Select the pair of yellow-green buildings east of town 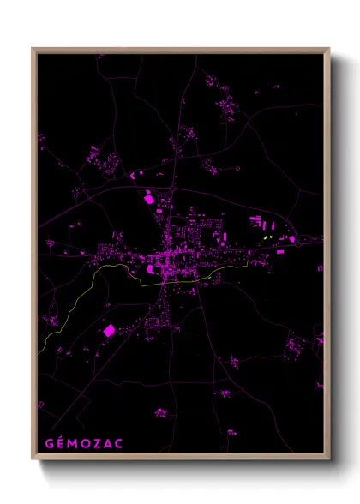[268, 237]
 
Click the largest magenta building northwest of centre [149, 199]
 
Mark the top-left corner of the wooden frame [33, 49]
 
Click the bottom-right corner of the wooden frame [328, 459]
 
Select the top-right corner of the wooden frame [328, 49]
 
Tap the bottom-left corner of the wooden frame [33, 459]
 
